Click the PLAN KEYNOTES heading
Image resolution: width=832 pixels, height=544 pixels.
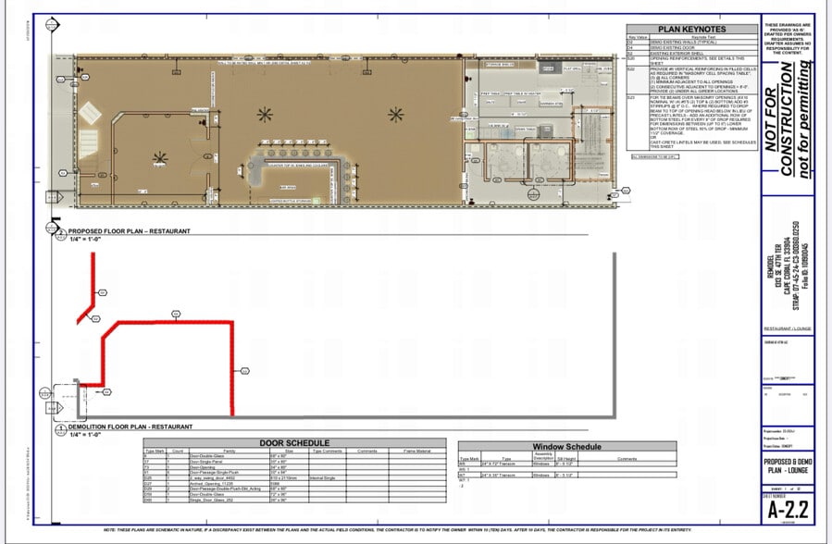point(690,30)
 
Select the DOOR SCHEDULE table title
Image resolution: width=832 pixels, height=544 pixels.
point(297,443)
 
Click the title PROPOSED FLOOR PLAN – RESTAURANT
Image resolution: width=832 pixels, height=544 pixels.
point(130,230)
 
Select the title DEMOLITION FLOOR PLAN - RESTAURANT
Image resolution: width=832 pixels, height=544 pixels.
point(130,427)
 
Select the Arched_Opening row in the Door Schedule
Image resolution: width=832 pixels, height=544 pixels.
point(213,482)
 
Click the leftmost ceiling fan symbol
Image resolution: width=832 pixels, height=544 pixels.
point(160,158)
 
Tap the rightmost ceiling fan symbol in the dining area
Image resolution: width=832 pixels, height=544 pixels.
point(396,114)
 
